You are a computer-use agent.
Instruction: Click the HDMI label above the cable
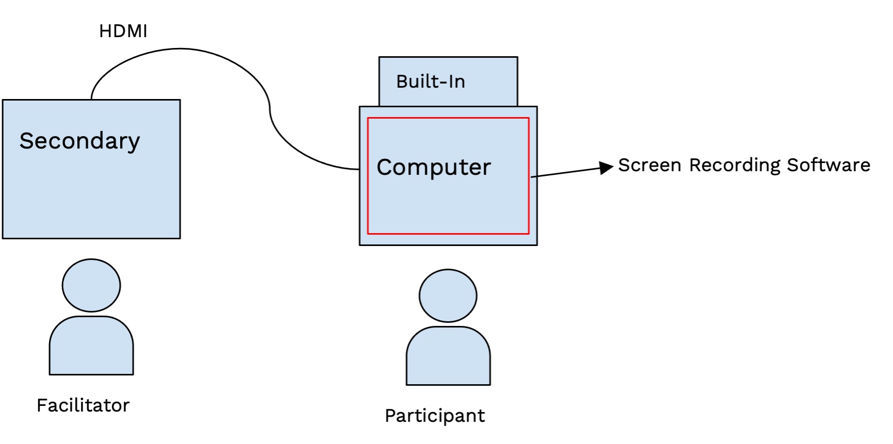[x=123, y=31]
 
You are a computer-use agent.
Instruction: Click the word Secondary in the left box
[x=79, y=141]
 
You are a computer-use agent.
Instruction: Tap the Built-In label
[x=431, y=81]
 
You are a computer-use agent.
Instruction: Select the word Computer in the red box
[x=434, y=167]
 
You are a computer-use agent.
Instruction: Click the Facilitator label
[x=82, y=405]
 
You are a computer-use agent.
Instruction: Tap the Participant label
[x=435, y=416]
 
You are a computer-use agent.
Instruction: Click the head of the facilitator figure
[x=91, y=285]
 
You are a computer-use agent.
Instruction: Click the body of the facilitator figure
[x=91, y=347]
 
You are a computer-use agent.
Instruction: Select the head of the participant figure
[x=448, y=295]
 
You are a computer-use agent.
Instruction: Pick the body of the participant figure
[x=448, y=357]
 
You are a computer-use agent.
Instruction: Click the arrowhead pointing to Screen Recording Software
[x=606, y=168]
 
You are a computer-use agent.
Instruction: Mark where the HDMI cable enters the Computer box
[x=359, y=169]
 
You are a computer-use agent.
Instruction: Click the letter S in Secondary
[x=26, y=141]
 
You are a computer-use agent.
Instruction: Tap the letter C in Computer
[x=386, y=167]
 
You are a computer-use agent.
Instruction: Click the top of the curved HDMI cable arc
[x=180, y=49]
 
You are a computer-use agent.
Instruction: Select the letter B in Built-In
[x=402, y=81]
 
